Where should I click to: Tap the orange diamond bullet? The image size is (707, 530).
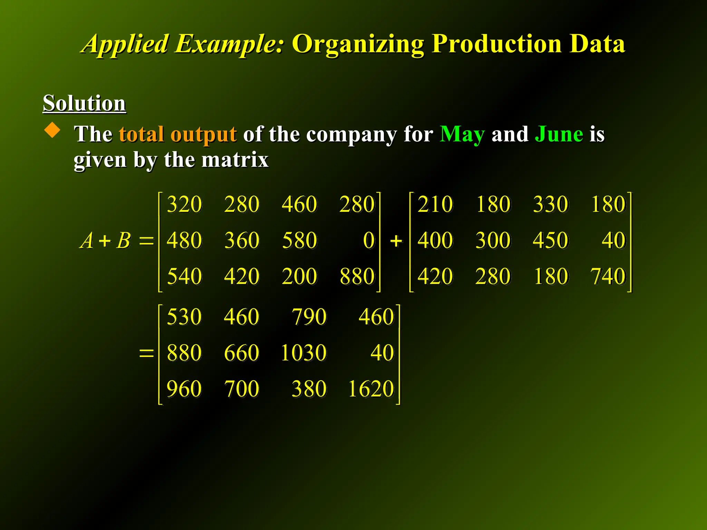[x=52, y=130]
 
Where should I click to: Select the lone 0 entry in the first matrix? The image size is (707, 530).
[x=369, y=240]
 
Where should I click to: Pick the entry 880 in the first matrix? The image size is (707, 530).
[x=357, y=276]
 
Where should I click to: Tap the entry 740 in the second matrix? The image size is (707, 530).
[x=608, y=276]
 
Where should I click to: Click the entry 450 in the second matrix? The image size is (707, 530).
[x=550, y=240]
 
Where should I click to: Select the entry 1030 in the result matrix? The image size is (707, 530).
[x=303, y=353]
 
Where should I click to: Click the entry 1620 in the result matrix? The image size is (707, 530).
[x=371, y=389]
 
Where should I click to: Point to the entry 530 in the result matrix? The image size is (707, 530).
[x=184, y=316]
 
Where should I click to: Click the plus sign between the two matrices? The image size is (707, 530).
[x=396, y=241]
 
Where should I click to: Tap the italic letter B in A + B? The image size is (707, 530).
[x=124, y=240]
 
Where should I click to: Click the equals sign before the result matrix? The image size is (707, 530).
[x=146, y=353]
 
